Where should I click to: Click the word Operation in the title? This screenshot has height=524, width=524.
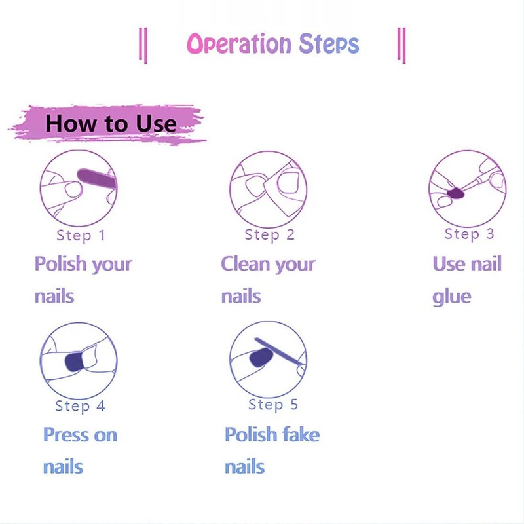coord(239,45)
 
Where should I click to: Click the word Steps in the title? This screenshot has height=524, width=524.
coord(329,45)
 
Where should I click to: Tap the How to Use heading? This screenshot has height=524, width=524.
coord(111,123)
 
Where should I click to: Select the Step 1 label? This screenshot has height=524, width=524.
coord(81,235)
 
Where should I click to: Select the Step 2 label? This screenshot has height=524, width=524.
coord(269,234)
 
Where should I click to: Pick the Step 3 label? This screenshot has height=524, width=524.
coord(469,234)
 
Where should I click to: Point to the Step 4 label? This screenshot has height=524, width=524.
coord(80,406)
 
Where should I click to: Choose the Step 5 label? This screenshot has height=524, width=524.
coord(272,405)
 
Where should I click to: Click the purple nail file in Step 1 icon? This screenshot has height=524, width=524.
coord(96,176)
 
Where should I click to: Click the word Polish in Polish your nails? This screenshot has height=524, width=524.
coord(60,265)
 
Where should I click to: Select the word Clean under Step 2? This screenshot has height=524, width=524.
coord(245,264)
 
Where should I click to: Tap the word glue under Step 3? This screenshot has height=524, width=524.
coord(451,297)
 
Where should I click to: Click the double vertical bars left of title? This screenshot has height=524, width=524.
coord(143,45)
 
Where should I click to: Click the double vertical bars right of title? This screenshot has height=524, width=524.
coord(402,45)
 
